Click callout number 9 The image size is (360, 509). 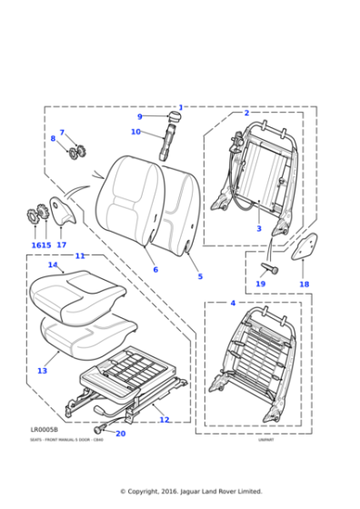(x=139, y=116)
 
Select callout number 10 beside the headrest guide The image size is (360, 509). (x=135, y=132)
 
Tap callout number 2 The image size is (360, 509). (x=246, y=113)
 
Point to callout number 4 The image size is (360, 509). (x=233, y=302)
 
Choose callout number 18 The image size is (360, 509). (x=304, y=284)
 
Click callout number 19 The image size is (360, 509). (x=260, y=284)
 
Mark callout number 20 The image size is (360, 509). (x=121, y=433)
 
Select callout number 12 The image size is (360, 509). (x=165, y=419)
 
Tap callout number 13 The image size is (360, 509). (x=42, y=371)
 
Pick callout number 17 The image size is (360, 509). (x=62, y=245)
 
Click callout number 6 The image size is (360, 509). (x=155, y=269)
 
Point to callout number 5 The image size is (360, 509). (x=200, y=276)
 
